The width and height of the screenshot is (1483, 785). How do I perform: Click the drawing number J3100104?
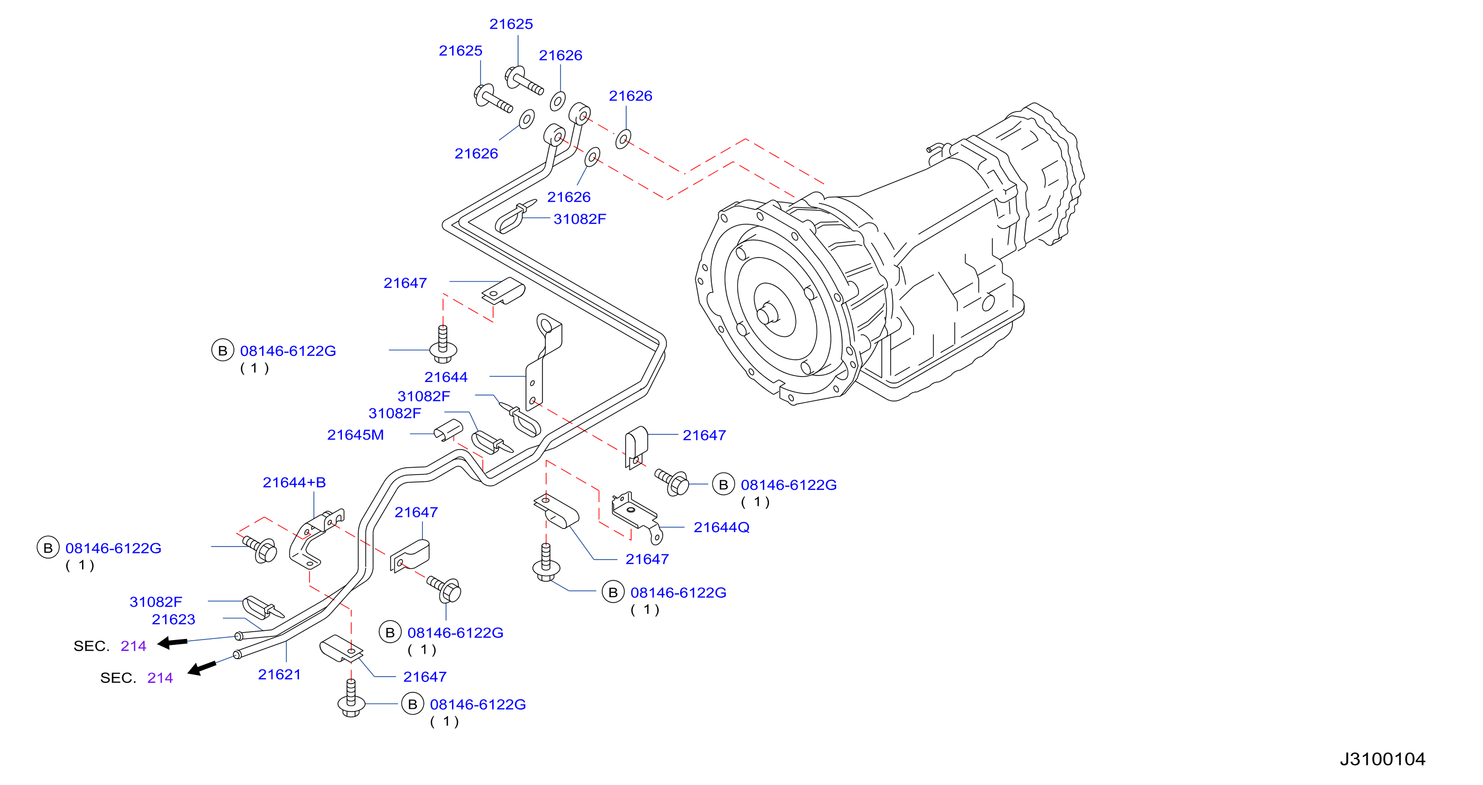tap(1382, 759)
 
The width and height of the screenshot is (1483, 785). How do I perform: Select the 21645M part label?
tap(355, 434)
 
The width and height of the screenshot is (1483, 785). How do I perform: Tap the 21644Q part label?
tap(721, 527)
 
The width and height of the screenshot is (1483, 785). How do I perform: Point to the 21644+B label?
tap(294, 482)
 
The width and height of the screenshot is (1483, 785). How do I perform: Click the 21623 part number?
tap(173, 619)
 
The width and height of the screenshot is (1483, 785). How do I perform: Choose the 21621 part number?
tap(279, 674)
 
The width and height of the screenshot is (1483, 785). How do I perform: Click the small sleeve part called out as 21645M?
tap(448, 430)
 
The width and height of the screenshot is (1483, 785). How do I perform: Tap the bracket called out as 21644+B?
tap(315, 537)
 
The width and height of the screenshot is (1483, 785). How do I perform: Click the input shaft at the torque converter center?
tap(767, 314)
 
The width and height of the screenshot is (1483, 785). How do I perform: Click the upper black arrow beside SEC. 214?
tap(172, 642)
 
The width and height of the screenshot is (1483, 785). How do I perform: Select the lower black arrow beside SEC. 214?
tap(202, 668)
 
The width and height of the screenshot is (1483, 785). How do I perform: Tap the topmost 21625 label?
tap(511, 24)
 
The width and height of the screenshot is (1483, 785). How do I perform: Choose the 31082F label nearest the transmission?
tap(580, 220)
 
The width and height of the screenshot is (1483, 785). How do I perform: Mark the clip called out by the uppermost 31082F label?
tap(514, 217)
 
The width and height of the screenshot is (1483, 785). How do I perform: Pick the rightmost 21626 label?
tap(630, 96)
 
